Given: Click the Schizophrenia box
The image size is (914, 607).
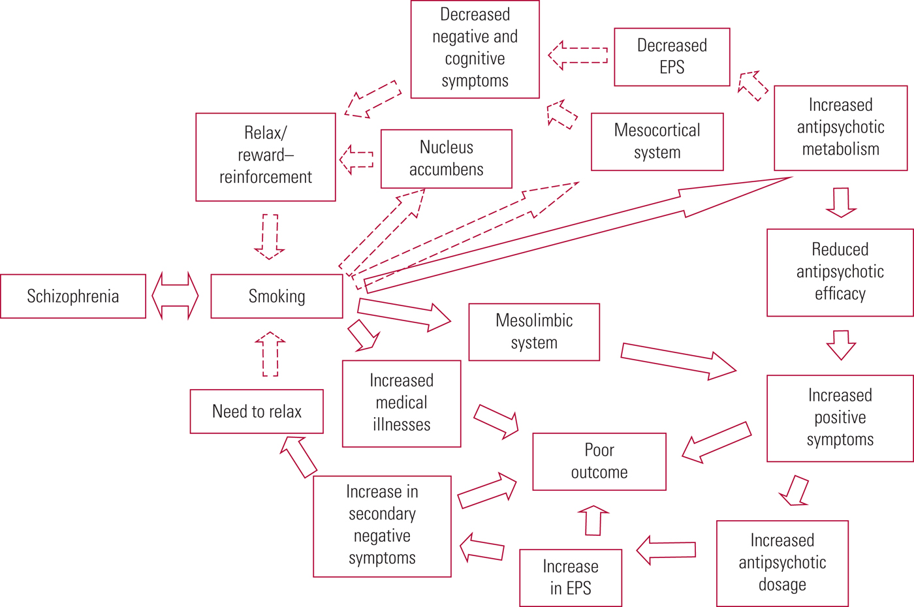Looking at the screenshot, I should coord(73,296).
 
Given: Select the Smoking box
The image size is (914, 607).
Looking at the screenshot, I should coord(277,296).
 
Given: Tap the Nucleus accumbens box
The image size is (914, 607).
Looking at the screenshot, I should coord(447,159).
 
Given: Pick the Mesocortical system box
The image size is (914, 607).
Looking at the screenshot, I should coord(657,142).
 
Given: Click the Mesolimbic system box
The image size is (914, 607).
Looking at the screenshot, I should coord(534,332).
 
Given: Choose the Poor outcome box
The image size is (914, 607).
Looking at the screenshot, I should coord(599,461).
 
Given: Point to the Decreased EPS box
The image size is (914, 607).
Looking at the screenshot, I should coord(672,57).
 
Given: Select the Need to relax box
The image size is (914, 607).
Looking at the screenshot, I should coord(257,411).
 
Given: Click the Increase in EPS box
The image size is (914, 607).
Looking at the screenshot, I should coord(571,578).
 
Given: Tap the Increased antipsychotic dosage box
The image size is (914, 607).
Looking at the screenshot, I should coord(782,563).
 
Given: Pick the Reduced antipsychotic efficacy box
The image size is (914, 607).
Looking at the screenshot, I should coord(840,272).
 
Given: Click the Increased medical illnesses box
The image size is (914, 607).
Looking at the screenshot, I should coord(402,403).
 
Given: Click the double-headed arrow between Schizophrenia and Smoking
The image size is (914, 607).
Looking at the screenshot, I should coord(175,296).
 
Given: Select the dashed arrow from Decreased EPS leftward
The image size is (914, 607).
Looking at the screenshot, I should coord(578,55).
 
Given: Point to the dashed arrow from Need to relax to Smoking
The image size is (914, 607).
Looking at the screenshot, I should coord(270,354).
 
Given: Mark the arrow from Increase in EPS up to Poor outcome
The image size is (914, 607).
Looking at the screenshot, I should coord(593,520).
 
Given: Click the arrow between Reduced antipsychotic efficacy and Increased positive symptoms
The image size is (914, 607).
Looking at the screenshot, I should coord(841,345).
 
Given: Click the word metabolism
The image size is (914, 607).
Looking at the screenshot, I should coord(840,149).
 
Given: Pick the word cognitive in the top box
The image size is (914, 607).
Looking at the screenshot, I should coord(475,59).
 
